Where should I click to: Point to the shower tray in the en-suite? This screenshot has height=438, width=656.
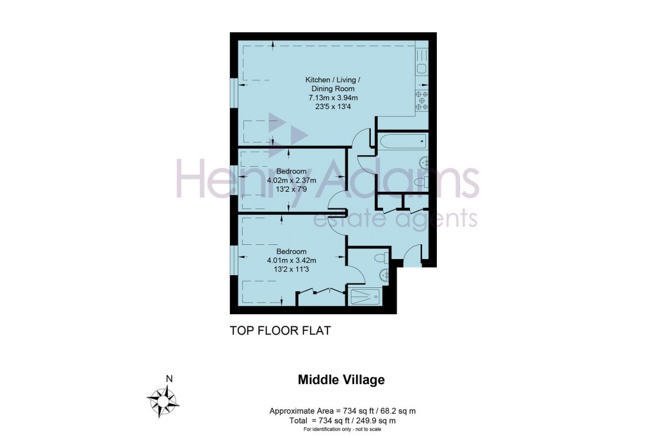(x=365, y=298)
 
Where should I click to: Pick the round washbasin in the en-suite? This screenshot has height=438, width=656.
(x=385, y=276)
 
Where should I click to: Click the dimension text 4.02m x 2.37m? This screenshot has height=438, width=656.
(x=291, y=181)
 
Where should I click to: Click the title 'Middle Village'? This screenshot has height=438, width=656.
(x=341, y=380)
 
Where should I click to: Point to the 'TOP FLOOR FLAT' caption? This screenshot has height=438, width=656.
(x=279, y=331)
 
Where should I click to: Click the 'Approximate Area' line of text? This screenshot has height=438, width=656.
(x=347, y=411)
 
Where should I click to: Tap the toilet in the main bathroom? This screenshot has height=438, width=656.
(x=420, y=183)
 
